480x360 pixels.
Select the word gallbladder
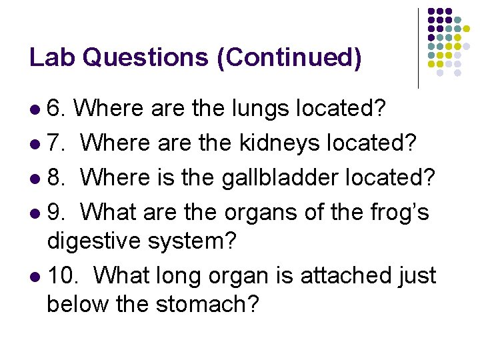click(x=301, y=177)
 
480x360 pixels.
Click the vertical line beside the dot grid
click(x=418, y=48)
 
